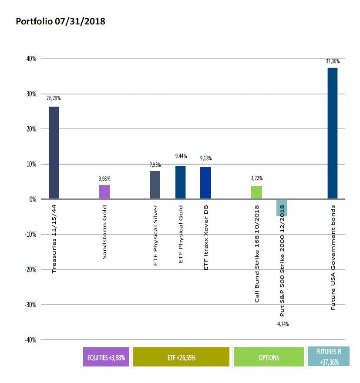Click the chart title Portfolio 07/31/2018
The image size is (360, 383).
pyautogui.click(x=60, y=21)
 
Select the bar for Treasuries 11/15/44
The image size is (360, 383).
pyautogui.click(x=54, y=153)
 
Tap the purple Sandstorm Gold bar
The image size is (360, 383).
pyautogui.click(x=104, y=192)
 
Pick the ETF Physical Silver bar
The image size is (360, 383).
pyautogui.click(x=155, y=185)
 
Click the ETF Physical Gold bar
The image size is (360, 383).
pyautogui.click(x=180, y=182)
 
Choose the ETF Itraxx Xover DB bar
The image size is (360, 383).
pyautogui.click(x=205, y=183)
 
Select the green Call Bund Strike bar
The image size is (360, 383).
pyautogui.click(x=256, y=192)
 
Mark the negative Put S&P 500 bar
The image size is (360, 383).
pyautogui.click(x=282, y=208)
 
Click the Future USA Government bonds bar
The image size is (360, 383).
pyautogui.click(x=332, y=133)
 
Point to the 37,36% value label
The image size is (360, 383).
pyautogui.click(x=332, y=61)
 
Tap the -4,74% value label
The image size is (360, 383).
pyautogui.click(x=282, y=324)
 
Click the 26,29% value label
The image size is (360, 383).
pyautogui.click(x=54, y=98)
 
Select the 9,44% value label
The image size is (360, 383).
pyautogui.click(x=180, y=155)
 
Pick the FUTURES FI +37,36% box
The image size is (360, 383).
pyautogui.click(x=329, y=356)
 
